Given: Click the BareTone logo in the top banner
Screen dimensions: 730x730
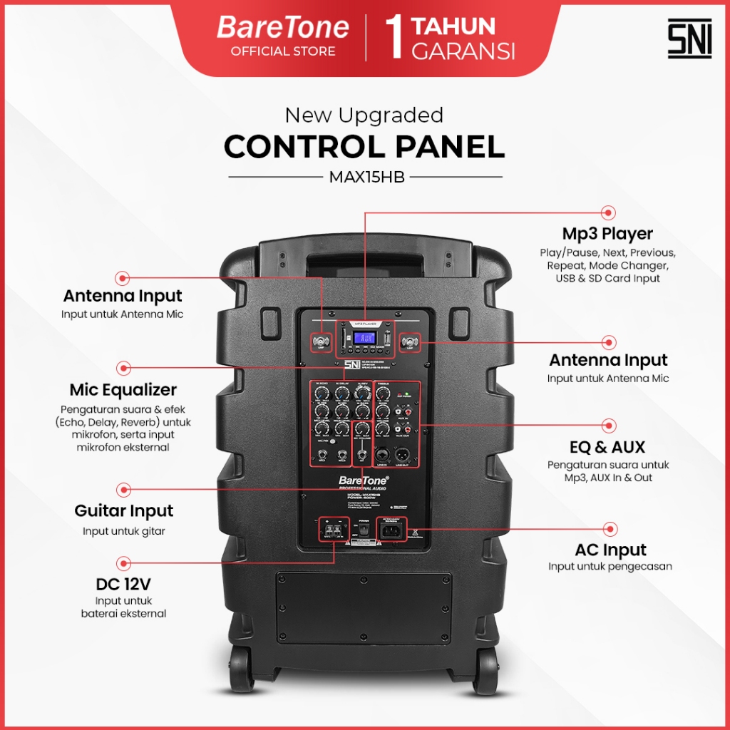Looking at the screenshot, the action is [283, 28].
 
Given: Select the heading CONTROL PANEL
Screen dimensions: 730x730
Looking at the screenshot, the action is [364, 147].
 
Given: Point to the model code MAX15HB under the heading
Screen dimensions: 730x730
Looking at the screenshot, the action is [366, 178].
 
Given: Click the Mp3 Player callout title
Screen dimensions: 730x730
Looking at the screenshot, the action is [607, 234].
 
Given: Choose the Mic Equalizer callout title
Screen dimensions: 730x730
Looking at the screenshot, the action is [123, 390].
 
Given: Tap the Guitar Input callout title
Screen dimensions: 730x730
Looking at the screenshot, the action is [124, 511].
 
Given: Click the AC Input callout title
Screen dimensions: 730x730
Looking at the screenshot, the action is [610, 550].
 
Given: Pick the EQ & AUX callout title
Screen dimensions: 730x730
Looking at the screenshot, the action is [607, 447].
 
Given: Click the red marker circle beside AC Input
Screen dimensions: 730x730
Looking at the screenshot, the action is [610, 528].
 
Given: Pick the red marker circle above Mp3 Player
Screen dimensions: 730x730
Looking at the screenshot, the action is [608, 212].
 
